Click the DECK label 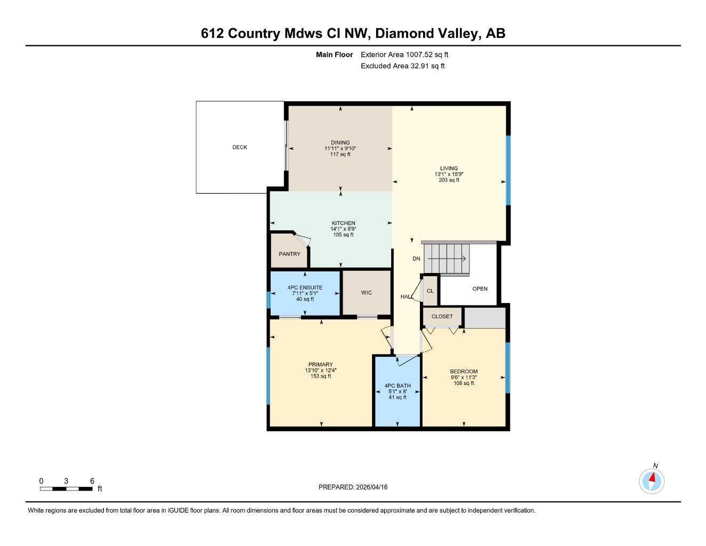[x=239, y=147]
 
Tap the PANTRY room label [x=289, y=254]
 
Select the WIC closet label [x=366, y=292]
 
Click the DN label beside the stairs [x=416, y=259]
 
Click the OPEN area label [x=480, y=288]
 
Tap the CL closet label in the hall [x=430, y=291]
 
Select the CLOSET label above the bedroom [x=442, y=316]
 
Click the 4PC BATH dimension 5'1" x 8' [x=397, y=391]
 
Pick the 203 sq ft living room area [x=449, y=180]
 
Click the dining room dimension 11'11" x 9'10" [x=340, y=148]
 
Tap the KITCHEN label [x=343, y=223]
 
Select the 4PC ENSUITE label [x=305, y=287]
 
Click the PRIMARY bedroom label [x=320, y=365]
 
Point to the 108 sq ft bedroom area [x=463, y=383]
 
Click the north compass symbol [x=651, y=480]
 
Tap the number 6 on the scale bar [x=92, y=481]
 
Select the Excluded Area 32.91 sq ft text [x=402, y=66]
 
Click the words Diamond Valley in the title [x=425, y=33]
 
